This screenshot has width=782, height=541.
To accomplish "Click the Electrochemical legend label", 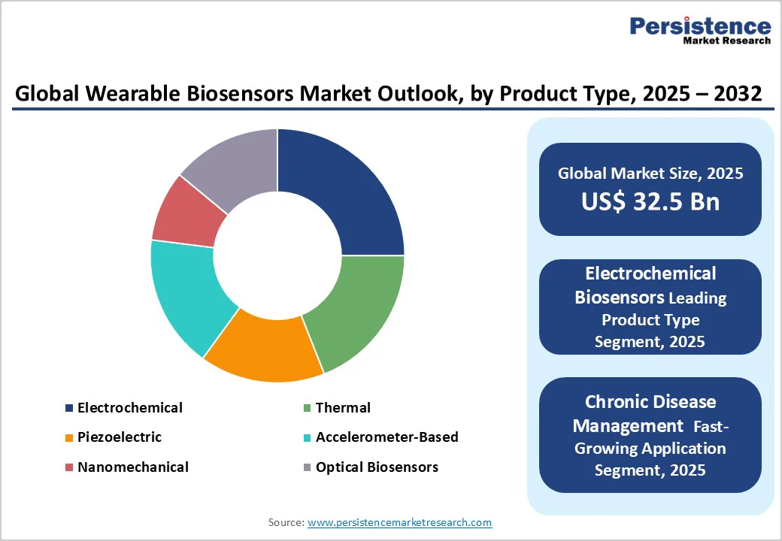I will (129, 407).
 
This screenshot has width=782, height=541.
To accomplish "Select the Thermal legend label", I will (343, 407).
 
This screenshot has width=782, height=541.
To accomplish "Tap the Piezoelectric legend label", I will (119, 437).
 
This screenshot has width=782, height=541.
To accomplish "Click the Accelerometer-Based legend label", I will (386, 437).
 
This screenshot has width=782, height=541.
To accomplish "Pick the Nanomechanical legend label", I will (132, 467).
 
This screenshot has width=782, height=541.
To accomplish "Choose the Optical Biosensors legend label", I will (377, 467).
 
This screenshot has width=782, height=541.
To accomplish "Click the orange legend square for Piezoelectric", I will (69, 437).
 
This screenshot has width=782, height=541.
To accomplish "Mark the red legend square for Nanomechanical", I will (69, 467).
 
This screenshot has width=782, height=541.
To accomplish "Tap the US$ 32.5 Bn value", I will (650, 201).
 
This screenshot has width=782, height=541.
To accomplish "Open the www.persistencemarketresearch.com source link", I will (399, 522).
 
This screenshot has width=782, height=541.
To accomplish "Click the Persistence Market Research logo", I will (700, 30).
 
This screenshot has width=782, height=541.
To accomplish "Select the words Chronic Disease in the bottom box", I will (650, 401).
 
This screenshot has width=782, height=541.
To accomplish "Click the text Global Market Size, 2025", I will (650, 174).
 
